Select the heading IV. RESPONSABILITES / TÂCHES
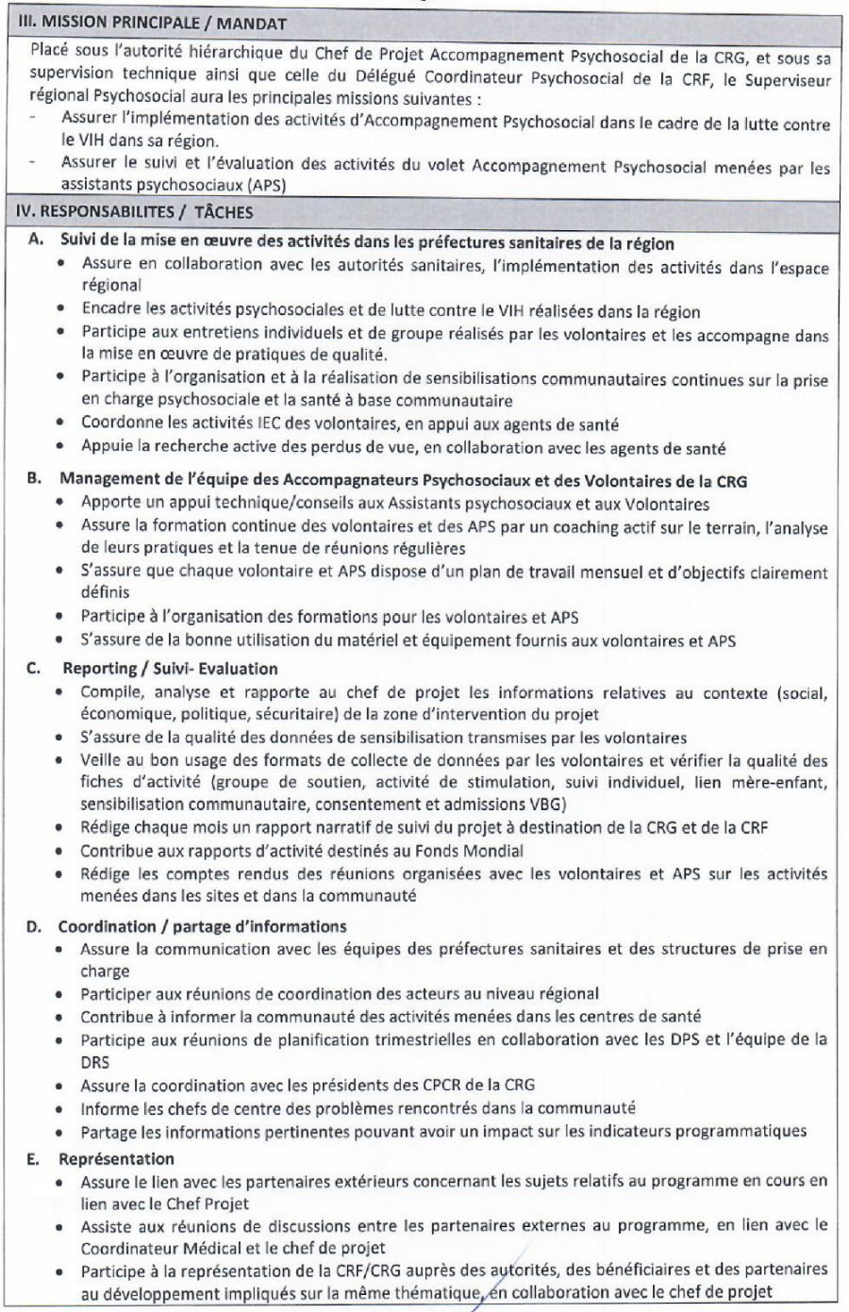(135, 212)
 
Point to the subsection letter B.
(34, 480)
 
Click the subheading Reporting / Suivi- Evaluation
(170, 669)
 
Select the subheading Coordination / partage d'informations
(202, 926)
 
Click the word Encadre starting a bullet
(109, 311)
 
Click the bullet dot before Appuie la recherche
(60, 447)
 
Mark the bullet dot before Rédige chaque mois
(60, 828)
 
